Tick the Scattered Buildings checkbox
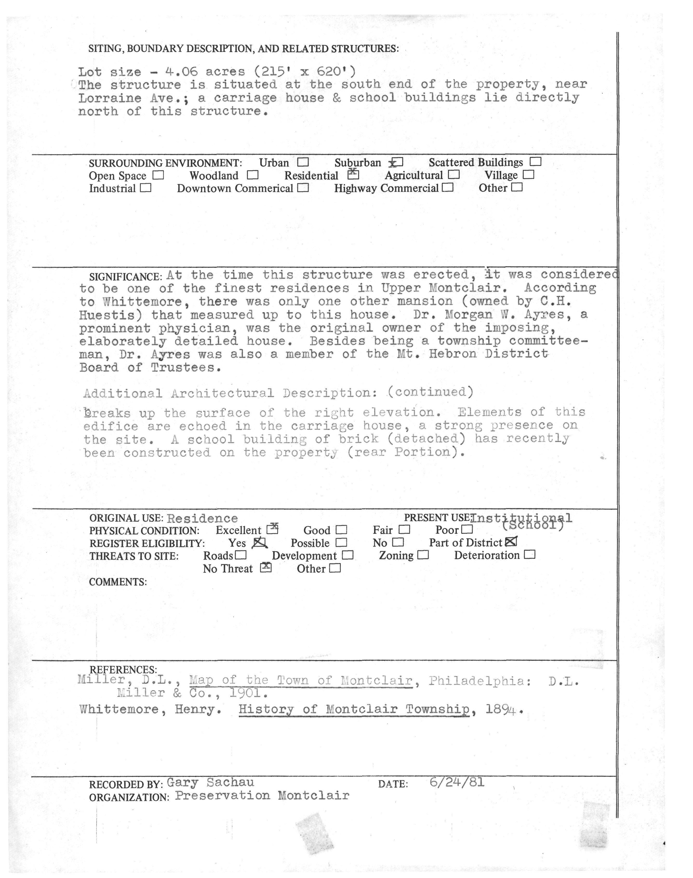click(x=536, y=162)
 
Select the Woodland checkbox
click(x=252, y=175)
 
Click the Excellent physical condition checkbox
click(x=272, y=529)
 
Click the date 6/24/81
click(x=457, y=782)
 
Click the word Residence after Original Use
click(x=202, y=518)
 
